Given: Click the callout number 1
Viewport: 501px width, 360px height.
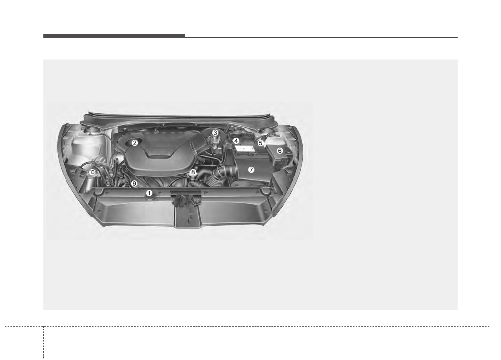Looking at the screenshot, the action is coord(149,193).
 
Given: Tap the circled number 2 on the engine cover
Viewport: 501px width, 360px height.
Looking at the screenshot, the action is coord(134,143).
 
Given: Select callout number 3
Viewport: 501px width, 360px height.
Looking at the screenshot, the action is coord(215,133).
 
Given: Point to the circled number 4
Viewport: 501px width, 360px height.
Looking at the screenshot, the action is coord(236,141).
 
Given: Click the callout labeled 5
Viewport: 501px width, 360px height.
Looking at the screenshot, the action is coord(261,143).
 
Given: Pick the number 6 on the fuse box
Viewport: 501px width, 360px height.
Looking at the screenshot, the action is coord(279,151).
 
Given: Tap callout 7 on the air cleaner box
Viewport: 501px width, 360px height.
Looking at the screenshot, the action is coord(251,170).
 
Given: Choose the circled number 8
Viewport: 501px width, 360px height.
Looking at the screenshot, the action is coord(193,172).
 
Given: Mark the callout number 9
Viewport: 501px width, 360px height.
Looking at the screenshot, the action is coord(134,184).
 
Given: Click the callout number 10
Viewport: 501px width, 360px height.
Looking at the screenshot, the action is coord(92,172).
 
